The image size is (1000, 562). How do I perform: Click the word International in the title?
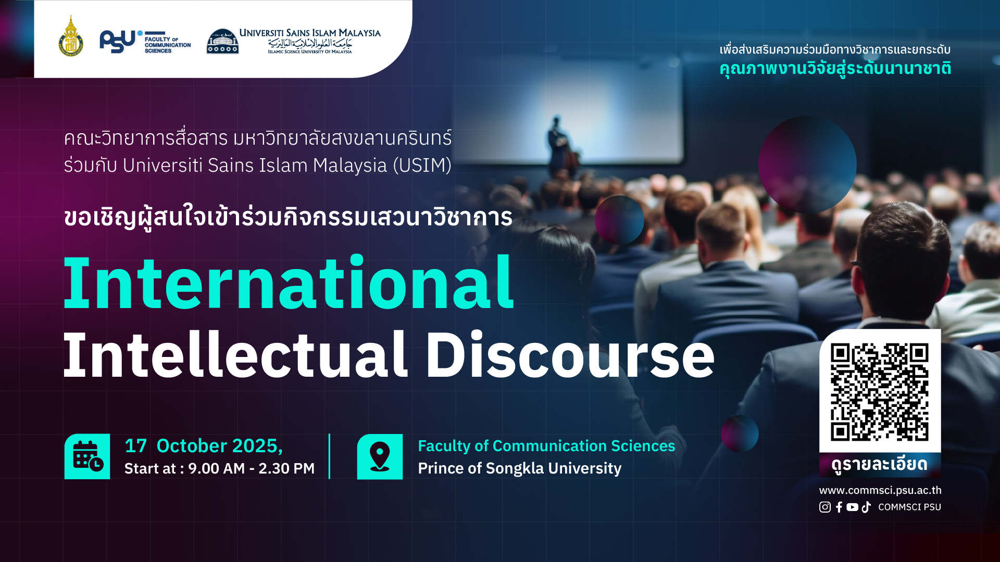289,284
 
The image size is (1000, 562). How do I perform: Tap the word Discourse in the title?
570,355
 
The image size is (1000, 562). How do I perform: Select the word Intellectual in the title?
235,355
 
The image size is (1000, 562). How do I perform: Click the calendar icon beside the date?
87,456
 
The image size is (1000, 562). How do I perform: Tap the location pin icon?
380,456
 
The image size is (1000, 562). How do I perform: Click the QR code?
880,392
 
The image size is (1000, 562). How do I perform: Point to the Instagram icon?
825,507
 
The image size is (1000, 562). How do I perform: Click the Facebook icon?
839,507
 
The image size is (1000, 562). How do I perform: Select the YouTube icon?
853,507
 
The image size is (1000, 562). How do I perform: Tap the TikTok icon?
866,507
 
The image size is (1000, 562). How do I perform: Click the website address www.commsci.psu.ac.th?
880,490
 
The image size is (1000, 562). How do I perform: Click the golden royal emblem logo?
71,36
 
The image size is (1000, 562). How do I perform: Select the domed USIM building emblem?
222,41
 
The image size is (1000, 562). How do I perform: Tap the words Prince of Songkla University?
520,468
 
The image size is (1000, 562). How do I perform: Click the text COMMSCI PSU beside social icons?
910,507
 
